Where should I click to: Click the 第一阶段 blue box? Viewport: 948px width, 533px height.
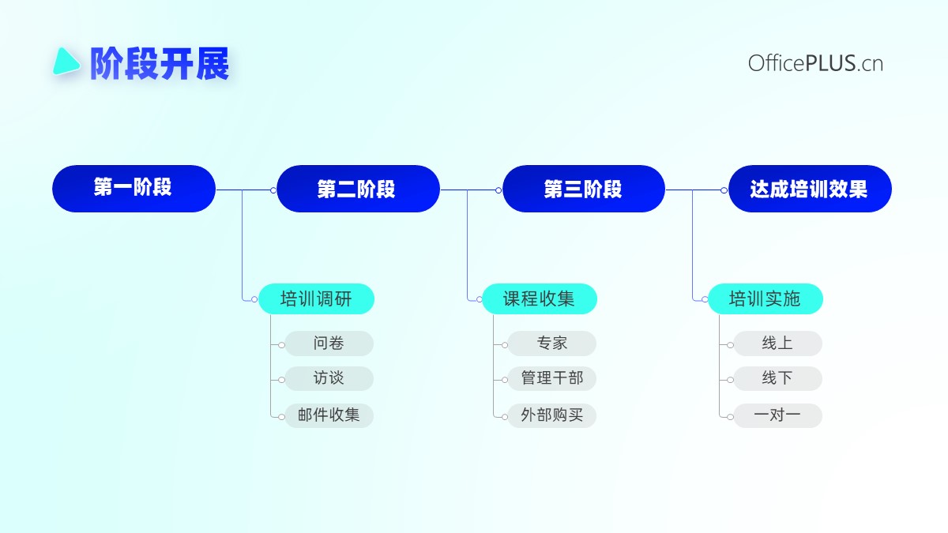click(x=134, y=189)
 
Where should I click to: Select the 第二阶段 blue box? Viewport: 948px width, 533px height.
click(x=358, y=189)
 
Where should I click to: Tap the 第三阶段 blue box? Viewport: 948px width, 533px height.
click(x=584, y=189)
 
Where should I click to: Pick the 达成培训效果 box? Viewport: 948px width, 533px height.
click(x=810, y=189)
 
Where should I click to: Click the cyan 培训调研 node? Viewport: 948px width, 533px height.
click(x=316, y=299)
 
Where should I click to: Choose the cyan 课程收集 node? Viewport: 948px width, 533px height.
click(x=539, y=299)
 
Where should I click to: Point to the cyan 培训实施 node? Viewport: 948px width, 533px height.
click(x=766, y=299)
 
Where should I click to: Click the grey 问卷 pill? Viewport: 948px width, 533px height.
click(x=329, y=343)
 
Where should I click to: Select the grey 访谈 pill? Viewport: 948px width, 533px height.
click(x=329, y=378)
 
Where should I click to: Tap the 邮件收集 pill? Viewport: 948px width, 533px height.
click(x=329, y=415)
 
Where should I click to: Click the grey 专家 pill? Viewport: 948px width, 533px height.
click(x=552, y=343)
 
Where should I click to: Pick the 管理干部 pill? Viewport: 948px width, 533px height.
click(x=552, y=378)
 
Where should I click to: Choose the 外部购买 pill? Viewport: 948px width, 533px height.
click(x=552, y=415)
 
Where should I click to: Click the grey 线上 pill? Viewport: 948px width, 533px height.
click(x=778, y=343)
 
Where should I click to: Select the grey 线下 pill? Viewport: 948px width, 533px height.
click(x=778, y=378)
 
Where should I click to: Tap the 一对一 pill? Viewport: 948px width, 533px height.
click(x=778, y=415)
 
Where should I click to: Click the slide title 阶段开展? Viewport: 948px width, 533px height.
click(x=160, y=63)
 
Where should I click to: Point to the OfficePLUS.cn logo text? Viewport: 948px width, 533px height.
click(x=815, y=63)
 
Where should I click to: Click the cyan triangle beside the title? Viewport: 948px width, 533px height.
click(x=66, y=62)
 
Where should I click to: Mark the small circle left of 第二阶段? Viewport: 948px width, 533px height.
click(x=273, y=190)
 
